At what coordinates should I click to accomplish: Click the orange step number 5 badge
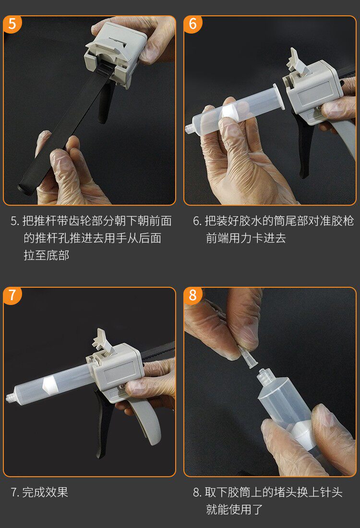coord(12,24)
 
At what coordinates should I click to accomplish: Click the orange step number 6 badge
coord(193,24)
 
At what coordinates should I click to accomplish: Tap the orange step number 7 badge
coord(12,295)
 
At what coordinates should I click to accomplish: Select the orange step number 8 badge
coord(193,295)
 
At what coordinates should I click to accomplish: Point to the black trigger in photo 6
coord(305,145)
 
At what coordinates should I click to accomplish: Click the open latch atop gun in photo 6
coord(297,62)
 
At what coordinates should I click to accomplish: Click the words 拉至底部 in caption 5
coord(47,255)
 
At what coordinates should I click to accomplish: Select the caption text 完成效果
coord(45,493)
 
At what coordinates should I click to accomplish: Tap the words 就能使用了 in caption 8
coord(234,509)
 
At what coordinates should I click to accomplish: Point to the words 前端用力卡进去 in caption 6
coord(246,238)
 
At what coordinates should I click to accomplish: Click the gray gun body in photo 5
coord(116,50)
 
